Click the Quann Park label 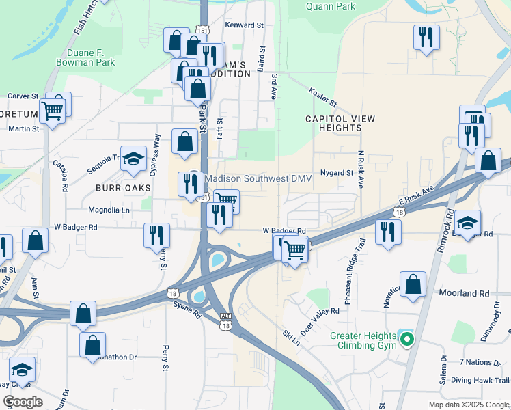point(331,7)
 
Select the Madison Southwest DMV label point(258,178)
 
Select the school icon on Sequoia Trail point(134,160)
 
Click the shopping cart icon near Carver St point(52,110)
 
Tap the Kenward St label point(244,25)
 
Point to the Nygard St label point(336,173)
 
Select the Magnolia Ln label point(106,210)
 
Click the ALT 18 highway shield point(225,321)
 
